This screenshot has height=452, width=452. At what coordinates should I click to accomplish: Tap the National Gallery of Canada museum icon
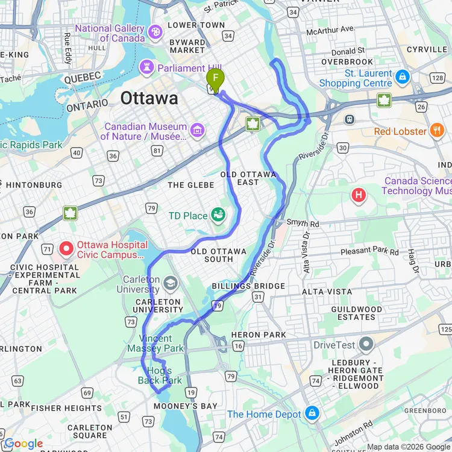155,32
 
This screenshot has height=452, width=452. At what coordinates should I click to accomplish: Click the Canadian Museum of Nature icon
196,130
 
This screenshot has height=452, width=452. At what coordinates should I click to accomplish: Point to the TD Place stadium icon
218,214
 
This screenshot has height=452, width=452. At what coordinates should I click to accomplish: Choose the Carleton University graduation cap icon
171,282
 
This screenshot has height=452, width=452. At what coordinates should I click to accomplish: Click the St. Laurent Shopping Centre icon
402,77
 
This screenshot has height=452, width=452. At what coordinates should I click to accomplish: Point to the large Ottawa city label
149,98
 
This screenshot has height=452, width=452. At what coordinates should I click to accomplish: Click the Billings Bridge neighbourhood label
248,286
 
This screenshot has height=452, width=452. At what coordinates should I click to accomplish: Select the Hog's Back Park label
159,375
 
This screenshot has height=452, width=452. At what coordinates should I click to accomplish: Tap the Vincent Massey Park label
155,344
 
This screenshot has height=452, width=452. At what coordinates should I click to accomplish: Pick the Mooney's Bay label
185,406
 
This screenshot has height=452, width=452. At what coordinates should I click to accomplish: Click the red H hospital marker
359,195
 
